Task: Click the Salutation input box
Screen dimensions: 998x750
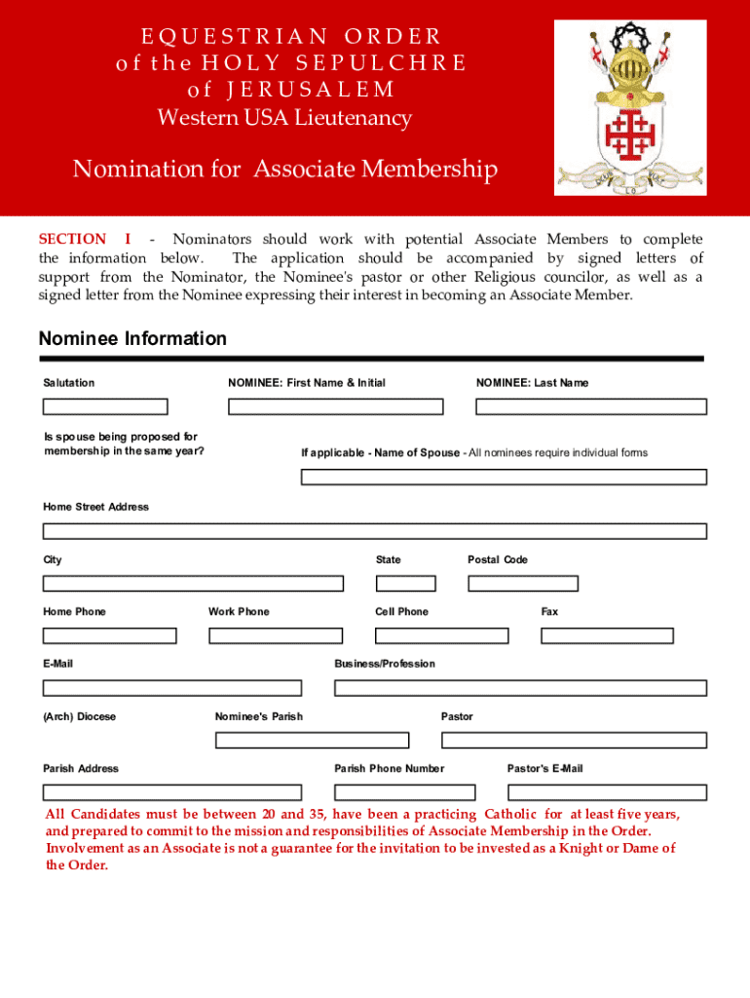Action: coord(105,406)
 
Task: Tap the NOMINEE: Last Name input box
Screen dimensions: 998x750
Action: coord(590,406)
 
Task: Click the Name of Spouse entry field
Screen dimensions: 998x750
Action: coord(504,477)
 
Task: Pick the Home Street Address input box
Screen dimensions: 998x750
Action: coord(374,531)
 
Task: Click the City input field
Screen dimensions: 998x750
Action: coord(193,583)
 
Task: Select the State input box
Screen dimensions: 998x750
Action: coord(405,583)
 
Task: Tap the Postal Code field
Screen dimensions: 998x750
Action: coord(523,583)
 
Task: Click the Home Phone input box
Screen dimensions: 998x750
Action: coord(109,635)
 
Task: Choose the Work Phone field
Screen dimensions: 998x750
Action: coord(276,635)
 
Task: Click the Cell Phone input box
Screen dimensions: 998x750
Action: coord(442,635)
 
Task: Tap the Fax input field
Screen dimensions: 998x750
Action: coord(607,635)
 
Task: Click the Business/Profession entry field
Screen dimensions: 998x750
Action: coord(520,688)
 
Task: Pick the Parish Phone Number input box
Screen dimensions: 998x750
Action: coord(404,792)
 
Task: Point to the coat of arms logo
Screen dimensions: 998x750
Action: coord(630,107)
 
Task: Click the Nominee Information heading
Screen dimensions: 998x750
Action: coord(132,338)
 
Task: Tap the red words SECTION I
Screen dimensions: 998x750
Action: coord(84,239)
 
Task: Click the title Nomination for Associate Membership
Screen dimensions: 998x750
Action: coord(284,170)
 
